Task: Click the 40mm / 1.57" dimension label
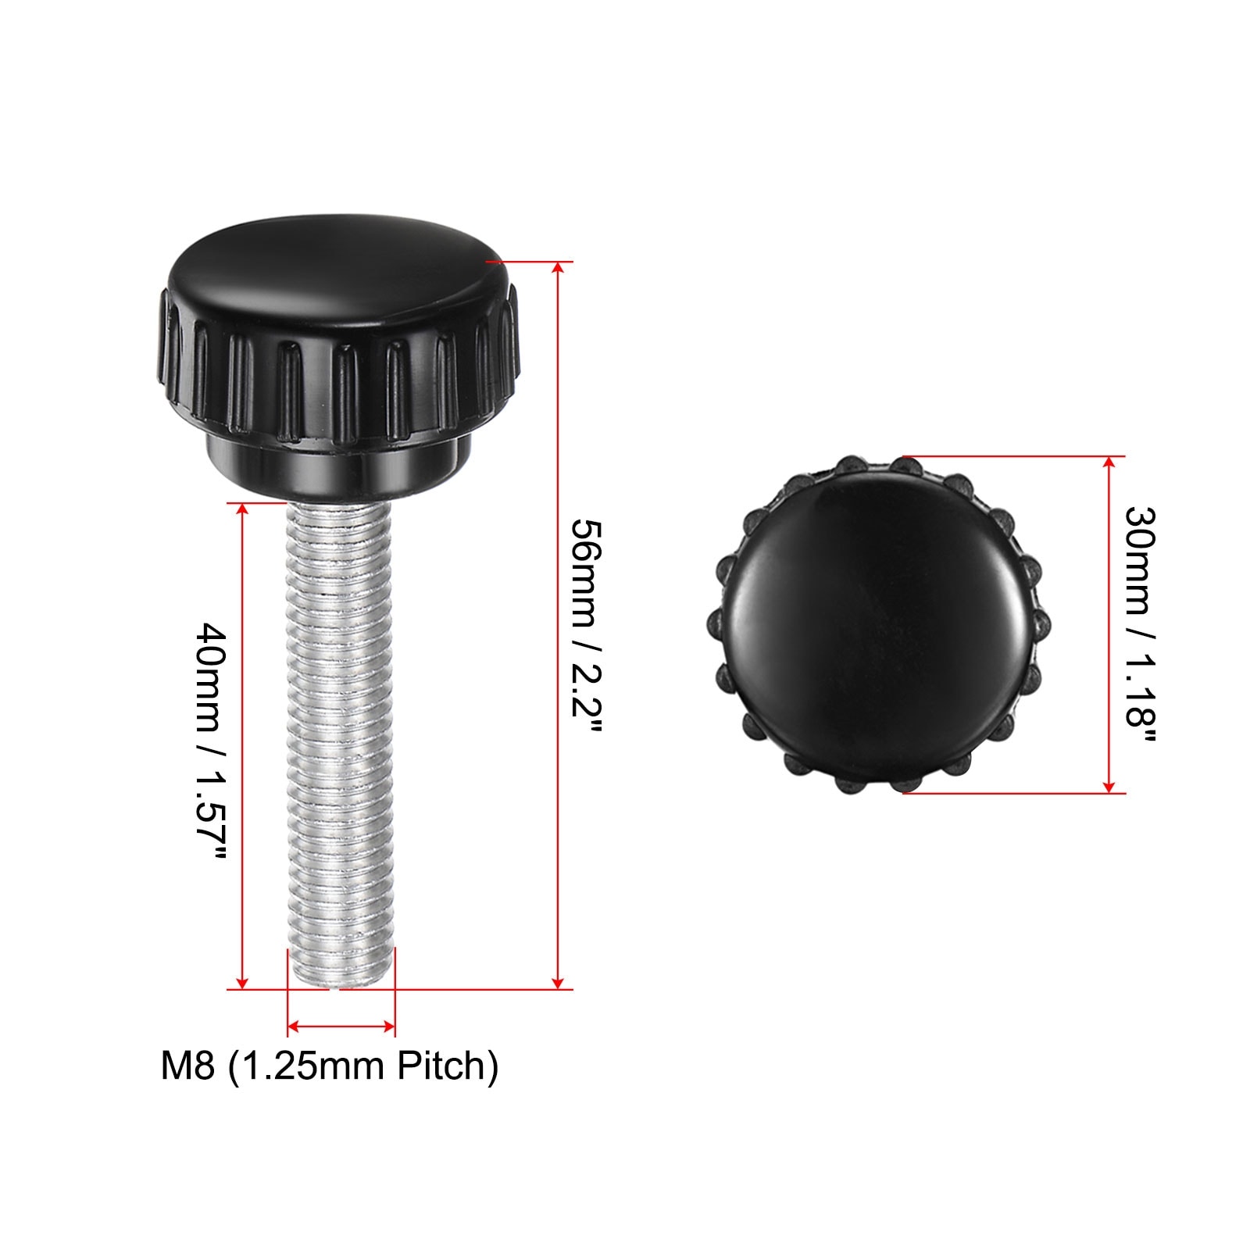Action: (211, 741)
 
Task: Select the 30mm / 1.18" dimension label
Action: (1140, 627)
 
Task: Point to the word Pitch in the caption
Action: (448, 1066)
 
